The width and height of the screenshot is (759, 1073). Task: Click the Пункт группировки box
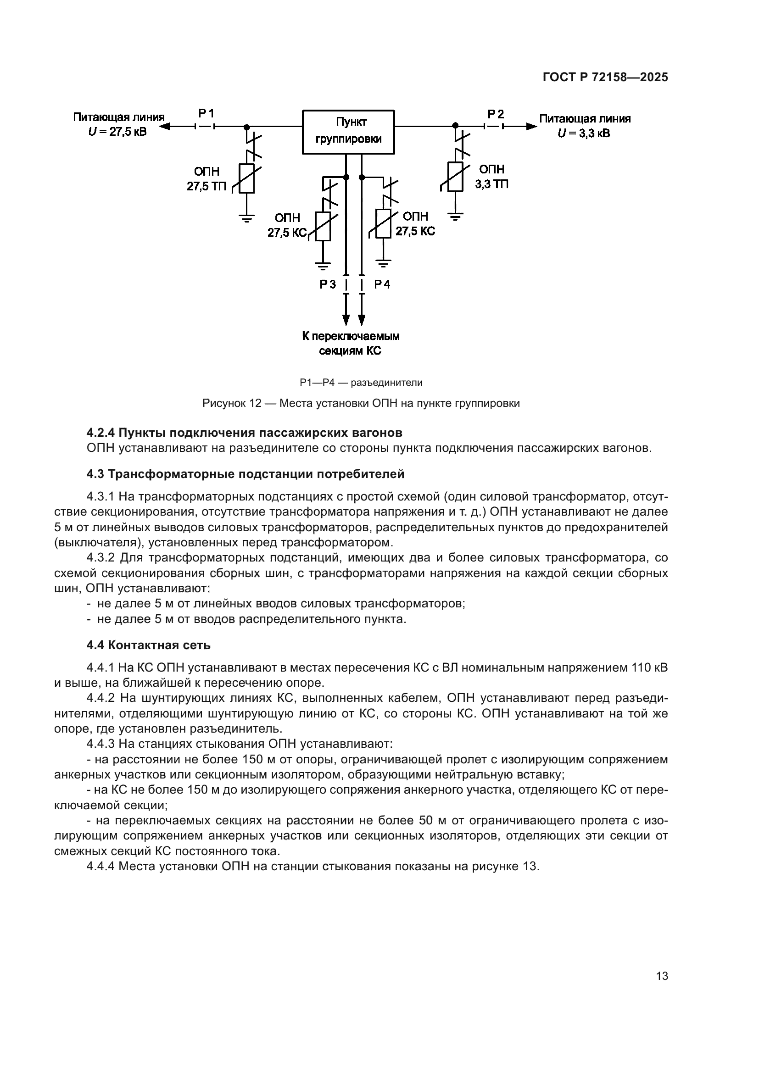pyautogui.click(x=348, y=132)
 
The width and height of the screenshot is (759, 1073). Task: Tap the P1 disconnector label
pyautogui.click(x=206, y=114)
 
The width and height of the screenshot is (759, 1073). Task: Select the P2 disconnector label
pyautogui.click(x=496, y=114)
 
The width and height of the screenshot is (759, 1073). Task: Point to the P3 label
pyautogui.click(x=328, y=284)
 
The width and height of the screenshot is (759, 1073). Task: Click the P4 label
pyautogui.click(x=382, y=284)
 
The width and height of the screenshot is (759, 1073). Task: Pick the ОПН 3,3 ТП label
pyautogui.click(x=491, y=177)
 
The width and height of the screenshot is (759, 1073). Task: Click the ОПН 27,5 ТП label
pyautogui.click(x=206, y=179)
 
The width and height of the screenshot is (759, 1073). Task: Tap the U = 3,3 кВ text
pyautogui.click(x=584, y=133)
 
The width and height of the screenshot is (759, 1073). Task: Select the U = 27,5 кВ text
pyautogui.click(x=117, y=132)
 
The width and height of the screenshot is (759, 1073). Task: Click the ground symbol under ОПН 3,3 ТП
pyautogui.click(x=456, y=216)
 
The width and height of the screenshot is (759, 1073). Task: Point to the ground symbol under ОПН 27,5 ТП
pyautogui.click(x=247, y=217)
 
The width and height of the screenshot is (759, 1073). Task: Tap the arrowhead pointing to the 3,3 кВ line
pyautogui.click(x=531, y=126)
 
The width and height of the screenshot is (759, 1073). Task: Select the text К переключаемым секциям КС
pyautogui.click(x=350, y=344)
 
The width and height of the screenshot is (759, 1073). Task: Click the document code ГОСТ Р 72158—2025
pyautogui.click(x=605, y=78)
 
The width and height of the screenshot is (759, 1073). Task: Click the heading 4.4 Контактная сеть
pyautogui.click(x=149, y=645)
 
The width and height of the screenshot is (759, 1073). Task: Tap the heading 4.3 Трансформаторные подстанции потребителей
pyautogui.click(x=245, y=474)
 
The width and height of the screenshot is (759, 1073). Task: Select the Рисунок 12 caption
pyautogui.click(x=361, y=403)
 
